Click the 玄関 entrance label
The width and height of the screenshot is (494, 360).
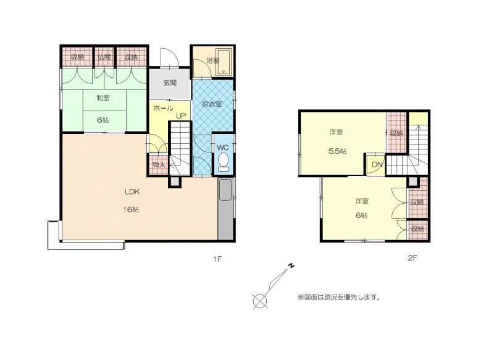pos(170,83)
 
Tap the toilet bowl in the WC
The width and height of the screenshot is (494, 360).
pos(224,162)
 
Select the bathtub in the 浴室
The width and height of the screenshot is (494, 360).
pos(224,62)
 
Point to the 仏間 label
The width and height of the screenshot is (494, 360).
pos(104,57)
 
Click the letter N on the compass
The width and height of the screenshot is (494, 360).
pos(291,266)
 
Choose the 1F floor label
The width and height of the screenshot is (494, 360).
pos(218,259)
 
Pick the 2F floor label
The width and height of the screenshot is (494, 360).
pos(412,258)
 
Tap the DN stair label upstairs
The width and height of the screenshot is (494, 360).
pos(377,164)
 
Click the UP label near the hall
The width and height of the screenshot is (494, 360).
pos(181,116)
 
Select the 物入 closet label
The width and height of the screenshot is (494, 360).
pos(159,164)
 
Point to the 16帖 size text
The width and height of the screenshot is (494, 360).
pos(131,209)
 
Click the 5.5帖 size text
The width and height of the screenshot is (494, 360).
pos(337,151)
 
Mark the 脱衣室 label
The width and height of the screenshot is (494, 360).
pos(212,104)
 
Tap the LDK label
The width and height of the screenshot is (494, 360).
pos(132,192)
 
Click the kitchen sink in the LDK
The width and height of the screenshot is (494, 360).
pos(225,190)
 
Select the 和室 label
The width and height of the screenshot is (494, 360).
pos(103,98)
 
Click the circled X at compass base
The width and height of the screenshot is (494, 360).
pos(260,301)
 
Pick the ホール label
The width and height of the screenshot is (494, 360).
pos(163,108)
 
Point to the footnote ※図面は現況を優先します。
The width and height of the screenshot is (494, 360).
pos(339,297)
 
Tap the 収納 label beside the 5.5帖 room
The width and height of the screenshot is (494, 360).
pos(396,133)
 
